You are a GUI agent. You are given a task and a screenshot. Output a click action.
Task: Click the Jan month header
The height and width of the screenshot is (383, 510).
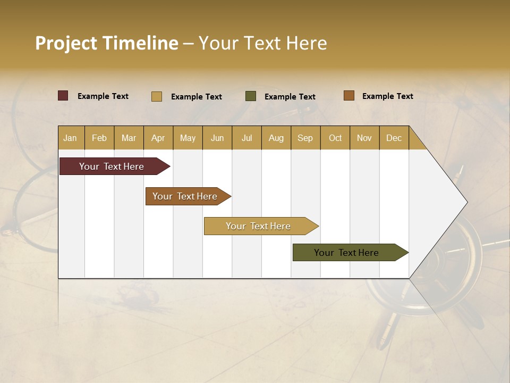coord(71,138)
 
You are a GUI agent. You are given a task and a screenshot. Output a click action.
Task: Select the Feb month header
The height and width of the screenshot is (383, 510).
coord(99,138)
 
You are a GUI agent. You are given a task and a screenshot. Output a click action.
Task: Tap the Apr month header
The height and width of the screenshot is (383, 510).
coord(158,138)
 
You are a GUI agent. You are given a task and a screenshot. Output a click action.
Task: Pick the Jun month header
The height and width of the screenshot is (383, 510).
coord(217,138)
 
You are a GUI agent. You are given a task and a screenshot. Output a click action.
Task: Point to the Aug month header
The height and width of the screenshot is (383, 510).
coord(276,138)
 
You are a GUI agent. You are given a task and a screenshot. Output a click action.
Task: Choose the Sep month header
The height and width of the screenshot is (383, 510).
coord(305,138)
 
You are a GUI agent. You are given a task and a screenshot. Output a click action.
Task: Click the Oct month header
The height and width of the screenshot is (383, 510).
coord(335,138)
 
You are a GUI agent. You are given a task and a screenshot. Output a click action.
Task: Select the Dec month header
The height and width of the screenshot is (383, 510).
coord(394,138)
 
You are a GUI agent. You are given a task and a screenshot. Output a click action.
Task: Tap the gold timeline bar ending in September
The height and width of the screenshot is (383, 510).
coord(259,226)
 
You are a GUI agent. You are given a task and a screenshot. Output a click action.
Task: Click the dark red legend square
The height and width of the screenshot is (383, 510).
coord(63,96)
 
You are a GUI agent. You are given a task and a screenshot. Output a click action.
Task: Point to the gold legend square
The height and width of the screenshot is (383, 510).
coord(157,96)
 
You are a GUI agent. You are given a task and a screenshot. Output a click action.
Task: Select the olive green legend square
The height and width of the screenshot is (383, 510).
coord(251,96)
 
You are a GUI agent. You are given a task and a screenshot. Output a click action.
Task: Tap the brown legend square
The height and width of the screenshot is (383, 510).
coord(349,96)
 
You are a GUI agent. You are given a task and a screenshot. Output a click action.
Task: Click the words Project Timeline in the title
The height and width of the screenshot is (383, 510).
coord(107,43)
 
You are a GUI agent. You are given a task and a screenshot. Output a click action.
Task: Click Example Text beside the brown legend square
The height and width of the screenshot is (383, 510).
coord(387,96)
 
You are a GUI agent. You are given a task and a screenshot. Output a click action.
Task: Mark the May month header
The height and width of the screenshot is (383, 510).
coord(188,138)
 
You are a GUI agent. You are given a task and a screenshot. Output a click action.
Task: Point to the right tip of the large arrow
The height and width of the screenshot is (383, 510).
coord(466,202)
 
